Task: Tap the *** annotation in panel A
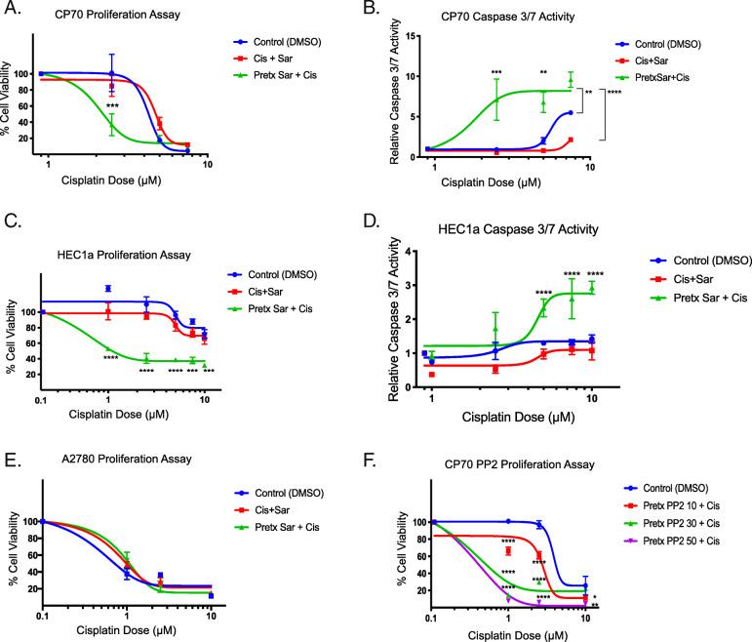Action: [113, 106]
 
